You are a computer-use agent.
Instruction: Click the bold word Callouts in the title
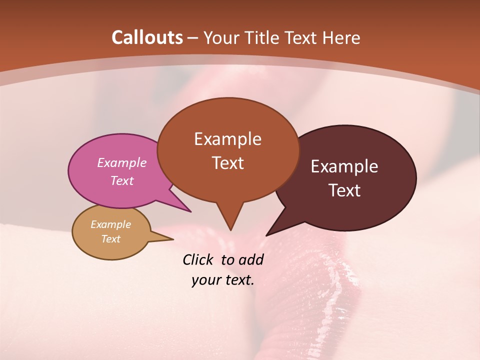pos(147,37)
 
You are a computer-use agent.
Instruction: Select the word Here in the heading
pos(342,37)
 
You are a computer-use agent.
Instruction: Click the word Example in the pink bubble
pos(122,163)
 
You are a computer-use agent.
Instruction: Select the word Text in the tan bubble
pos(111,239)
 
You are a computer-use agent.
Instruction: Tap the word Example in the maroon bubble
pos(344,166)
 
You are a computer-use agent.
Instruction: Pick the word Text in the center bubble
pos(228,163)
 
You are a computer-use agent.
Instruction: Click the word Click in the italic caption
pos(197,259)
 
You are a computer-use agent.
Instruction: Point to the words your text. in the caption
pos(223,280)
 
